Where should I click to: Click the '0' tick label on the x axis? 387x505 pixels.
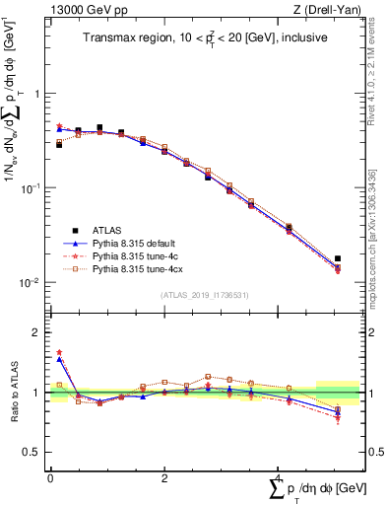point(50,477)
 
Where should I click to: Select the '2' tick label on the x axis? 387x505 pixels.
point(164,477)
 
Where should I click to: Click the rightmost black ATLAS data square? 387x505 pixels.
point(338,258)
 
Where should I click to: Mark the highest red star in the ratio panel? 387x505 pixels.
point(60,352)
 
